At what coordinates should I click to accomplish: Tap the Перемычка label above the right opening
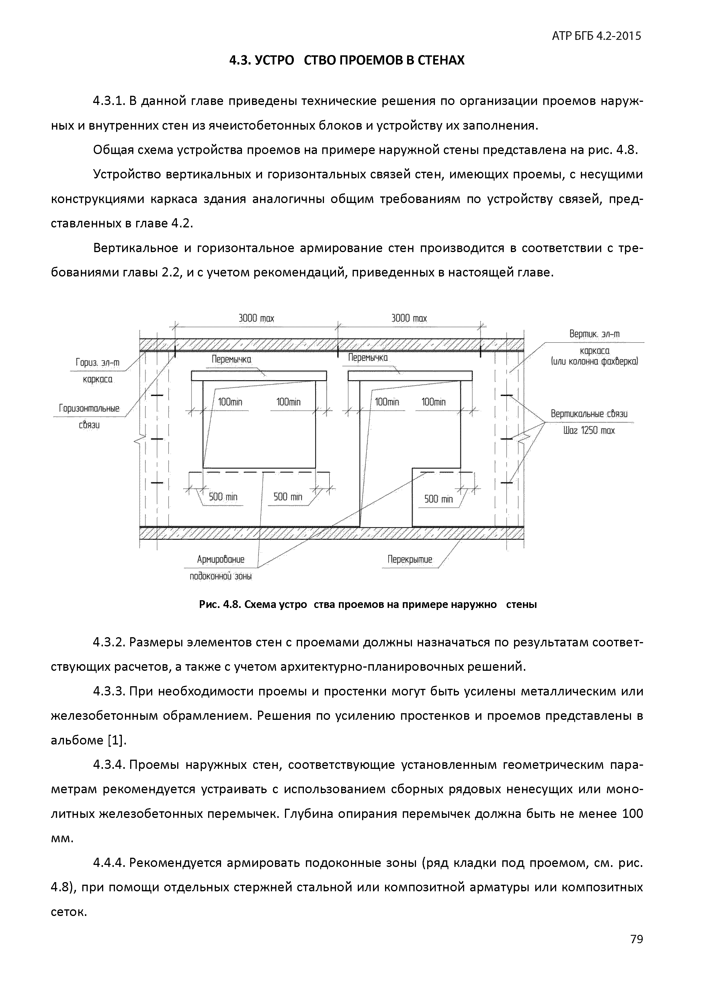368,358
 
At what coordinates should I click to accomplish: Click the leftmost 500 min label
223,496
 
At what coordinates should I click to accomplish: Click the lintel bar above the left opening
259,375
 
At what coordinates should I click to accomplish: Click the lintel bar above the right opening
410,375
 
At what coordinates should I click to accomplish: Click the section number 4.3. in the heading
241,60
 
